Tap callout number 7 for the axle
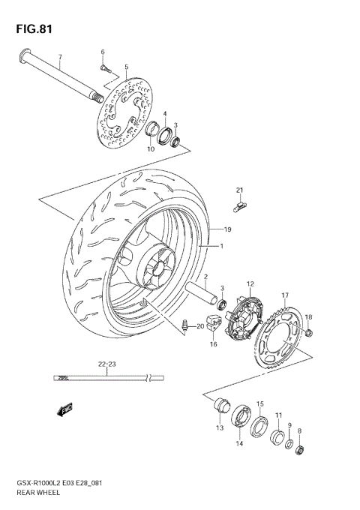[61, 58]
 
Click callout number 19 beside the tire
[227, 229]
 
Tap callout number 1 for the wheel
[222, 246]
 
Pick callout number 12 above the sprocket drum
[251, 283]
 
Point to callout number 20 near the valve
[200, 326]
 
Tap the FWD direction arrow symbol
[63, 409]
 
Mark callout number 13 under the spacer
[220, 428]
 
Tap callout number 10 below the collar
[151, 148]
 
